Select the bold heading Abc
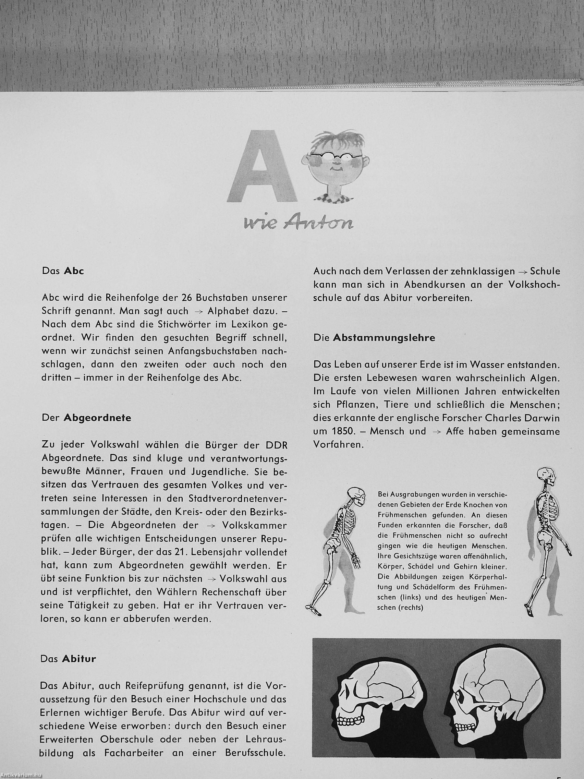click(74, 272)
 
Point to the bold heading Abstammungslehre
click(384, 338)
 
